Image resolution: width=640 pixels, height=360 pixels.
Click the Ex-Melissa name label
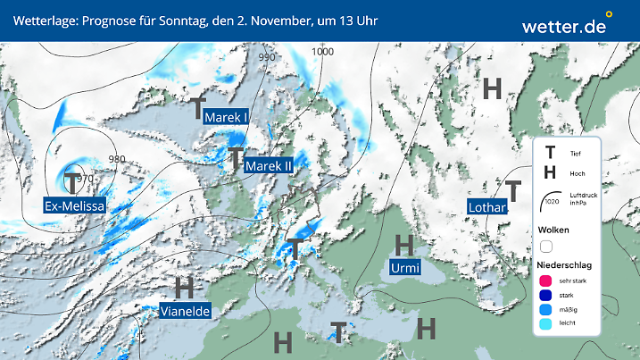[x=75, y=206]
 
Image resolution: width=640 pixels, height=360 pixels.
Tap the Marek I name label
[x=226, y=117]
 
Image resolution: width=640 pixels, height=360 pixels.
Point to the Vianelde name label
[x=187, y=311]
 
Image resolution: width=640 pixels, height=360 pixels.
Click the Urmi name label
[x=405, y=268]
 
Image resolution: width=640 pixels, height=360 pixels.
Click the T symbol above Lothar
[x=513, y=190]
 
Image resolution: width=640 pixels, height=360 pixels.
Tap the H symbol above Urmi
[x=404, y=245]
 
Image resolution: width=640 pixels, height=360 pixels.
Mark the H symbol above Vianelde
[x=184, y=288]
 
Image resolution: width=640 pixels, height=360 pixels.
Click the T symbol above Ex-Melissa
[x=72, y=182]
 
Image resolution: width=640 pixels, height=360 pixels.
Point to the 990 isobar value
[x=267, y=57]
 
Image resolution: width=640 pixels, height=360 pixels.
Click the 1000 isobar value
[x=322, y=52]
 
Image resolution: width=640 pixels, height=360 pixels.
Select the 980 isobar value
[x=116, y=159]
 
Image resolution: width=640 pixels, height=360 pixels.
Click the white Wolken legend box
[x=546, y=246]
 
